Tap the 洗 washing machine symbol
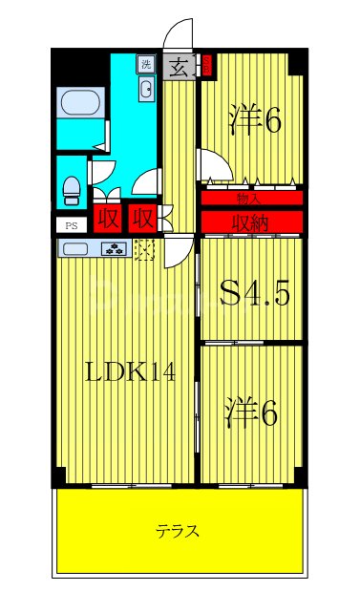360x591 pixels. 146,64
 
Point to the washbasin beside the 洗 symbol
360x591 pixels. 147,90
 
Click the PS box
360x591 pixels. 71,225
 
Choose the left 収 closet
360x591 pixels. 108,218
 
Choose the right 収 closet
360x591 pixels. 142,218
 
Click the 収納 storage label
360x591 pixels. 251,222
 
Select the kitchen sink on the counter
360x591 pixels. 78,250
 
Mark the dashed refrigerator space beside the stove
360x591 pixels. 145,250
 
